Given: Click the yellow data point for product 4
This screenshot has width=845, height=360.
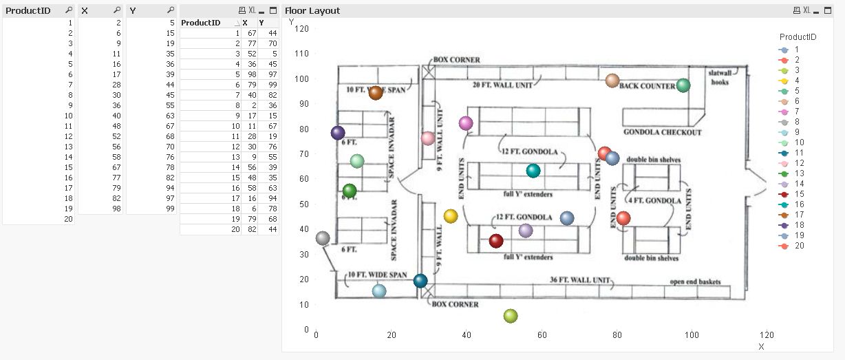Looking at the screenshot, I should click(x=451, y=216).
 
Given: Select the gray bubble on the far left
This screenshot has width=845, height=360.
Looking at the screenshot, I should click(x=323, y=238).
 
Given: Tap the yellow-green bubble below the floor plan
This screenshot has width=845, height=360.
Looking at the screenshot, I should click(x=510, y=316).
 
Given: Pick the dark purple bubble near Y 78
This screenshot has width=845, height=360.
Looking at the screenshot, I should click(x=337, y=133).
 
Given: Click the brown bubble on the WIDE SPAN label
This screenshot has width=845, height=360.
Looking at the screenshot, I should click(x=376, y=92).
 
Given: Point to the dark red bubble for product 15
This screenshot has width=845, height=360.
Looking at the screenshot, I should click(x=496, y=241).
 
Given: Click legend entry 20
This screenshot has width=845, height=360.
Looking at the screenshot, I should click(x=798, y=246).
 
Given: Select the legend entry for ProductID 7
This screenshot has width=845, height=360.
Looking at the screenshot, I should click(x=797, y=112).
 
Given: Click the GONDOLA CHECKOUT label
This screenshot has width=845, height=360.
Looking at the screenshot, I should click(x=662, y=132).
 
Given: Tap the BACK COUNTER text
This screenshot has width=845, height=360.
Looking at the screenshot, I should click(x=648, y=86).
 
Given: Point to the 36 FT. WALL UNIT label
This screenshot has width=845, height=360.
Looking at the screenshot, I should click(x=580, y=280).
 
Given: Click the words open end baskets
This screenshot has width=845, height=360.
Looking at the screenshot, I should click(x=695, y=282).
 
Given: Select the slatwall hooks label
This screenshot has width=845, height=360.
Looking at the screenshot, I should click(x=720, y=77).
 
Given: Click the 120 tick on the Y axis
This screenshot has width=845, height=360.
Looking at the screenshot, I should click(x=301, y=28).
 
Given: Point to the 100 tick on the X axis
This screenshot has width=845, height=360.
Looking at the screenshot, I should click(x=691, y=335).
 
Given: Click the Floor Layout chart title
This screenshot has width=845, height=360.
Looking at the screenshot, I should click(x=312, y=11).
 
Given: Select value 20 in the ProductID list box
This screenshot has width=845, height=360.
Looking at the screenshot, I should click(x=67, y=219).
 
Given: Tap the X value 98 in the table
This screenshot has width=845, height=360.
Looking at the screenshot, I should click(x=252, y=74).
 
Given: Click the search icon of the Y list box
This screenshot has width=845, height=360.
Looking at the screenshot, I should click(x=171, y=10).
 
